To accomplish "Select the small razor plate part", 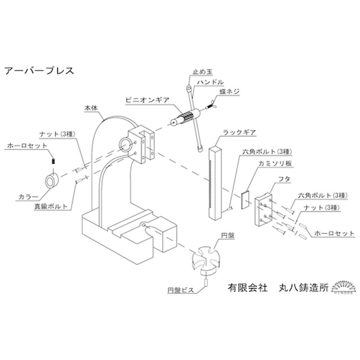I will point(246,199).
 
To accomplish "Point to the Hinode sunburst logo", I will point(342,287).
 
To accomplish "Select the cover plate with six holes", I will point(264,210).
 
